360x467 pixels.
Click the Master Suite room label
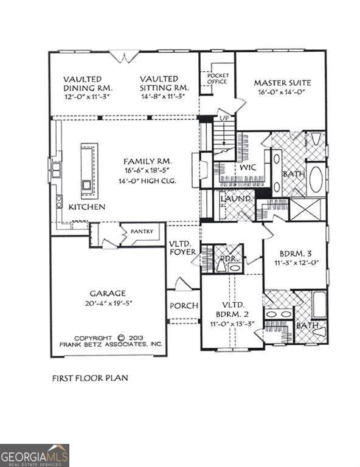click(x=282, y=83)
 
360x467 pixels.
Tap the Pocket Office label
click(x=217, y=78)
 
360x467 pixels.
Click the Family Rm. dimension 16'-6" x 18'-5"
click(x=148, y=172)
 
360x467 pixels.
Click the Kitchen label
click(x=86, y=207)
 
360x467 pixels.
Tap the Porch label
click(x=183, y=305)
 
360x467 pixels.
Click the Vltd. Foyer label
click(x=182, y=248)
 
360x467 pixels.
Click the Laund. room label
click(x=236, y=199)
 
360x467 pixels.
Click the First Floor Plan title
click(x=89, y=378)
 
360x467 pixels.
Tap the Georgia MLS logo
click(x=35, y=455)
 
